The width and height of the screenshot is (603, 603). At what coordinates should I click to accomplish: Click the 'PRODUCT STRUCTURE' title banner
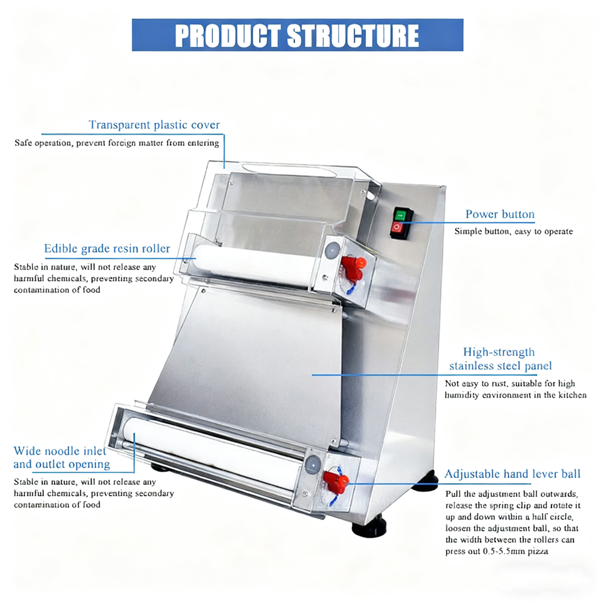(x=297, y=35)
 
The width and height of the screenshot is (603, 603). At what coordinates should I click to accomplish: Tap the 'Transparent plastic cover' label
(x=154, y=125)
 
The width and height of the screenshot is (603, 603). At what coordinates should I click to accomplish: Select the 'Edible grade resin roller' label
(x=107, y=249)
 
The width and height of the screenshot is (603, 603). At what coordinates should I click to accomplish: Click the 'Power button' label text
(x=500, y=214)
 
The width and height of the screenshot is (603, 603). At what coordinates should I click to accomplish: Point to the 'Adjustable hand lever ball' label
(x=513, y=474)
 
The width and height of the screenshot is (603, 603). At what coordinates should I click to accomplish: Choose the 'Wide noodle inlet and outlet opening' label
(x=62, y=458)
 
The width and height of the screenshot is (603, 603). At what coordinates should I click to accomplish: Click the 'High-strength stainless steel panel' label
(x=501, y=359)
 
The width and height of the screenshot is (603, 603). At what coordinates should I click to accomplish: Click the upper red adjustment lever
(x=354, y=266)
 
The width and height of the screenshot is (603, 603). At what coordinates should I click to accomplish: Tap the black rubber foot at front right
(x=369, y=526)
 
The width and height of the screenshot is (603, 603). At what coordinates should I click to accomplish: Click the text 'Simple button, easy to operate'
(x=514, y=231)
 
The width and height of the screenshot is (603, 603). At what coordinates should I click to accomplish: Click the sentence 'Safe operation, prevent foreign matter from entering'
(x=117, y=143)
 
